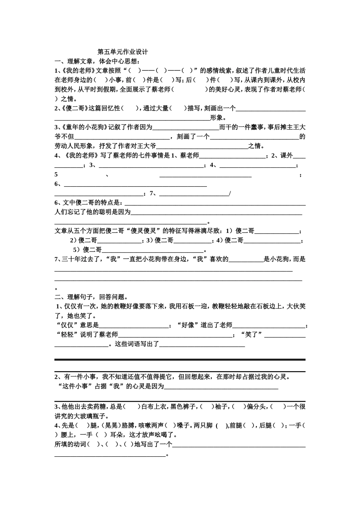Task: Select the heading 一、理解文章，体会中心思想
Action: point(97,61)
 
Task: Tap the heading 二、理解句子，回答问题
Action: point(91,297)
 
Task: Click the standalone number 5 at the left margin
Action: point(56,175)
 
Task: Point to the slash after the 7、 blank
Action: point(230,194)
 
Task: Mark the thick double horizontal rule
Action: point(180,359)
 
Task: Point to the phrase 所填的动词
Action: point(70,444)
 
